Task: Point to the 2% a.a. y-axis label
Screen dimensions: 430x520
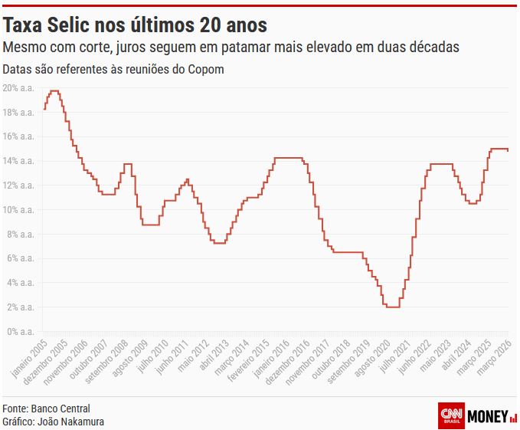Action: click(19, 307)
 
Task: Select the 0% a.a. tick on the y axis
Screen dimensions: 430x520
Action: click(19, 332)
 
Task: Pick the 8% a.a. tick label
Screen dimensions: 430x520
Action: click(19, 235)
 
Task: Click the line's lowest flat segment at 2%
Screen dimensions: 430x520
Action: click(392, 307)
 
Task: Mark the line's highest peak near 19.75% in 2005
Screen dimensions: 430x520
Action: click(54, 91)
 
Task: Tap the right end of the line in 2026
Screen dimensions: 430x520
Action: click(508, 150)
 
